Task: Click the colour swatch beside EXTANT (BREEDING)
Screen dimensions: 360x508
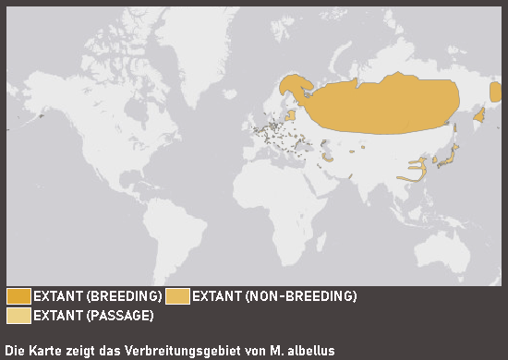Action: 18,296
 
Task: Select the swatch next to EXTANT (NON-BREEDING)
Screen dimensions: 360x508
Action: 177,296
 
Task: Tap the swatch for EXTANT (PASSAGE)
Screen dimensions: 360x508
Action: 18,316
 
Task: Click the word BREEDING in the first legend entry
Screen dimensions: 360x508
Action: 120,296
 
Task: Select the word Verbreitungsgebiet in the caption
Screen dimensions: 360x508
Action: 175,351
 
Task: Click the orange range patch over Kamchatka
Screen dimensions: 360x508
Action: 479,115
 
